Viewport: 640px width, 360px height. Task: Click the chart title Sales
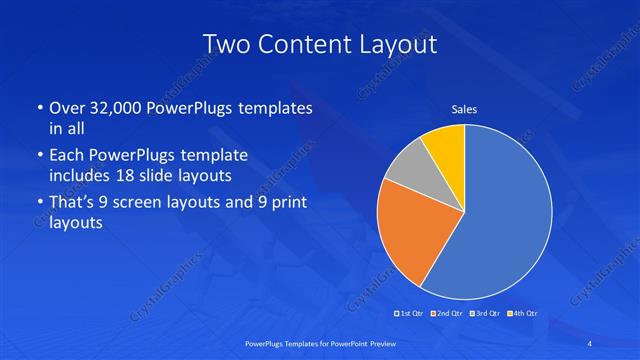coord(464,109)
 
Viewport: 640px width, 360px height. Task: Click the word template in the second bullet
coord(214,155)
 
